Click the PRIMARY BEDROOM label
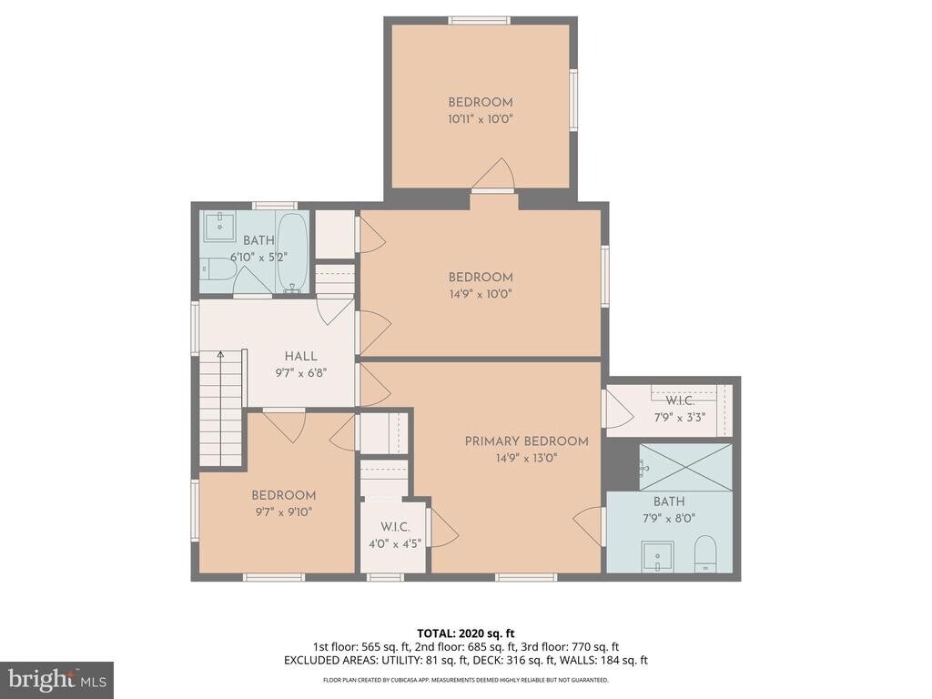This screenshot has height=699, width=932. coord(526,441)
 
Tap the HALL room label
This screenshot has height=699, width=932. coord(300,356)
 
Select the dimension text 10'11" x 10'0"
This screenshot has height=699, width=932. coord(481,119)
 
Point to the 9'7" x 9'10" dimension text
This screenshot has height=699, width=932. coord(284,512)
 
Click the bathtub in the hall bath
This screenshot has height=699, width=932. coord(292,253)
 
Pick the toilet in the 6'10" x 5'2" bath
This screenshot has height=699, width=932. coord(218,273)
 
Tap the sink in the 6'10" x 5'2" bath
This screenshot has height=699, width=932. coord(220,226)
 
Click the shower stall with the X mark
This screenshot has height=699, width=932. coord(685,467)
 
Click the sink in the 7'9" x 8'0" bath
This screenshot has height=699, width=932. coord(657,556)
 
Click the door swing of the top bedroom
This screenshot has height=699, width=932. coord(493,174)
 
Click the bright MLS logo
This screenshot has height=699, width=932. coord(57,679)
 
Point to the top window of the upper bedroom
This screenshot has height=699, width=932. coord(480,20)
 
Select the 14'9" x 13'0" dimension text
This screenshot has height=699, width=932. coord(526,459)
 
